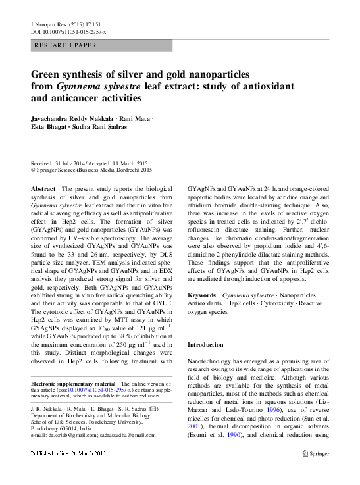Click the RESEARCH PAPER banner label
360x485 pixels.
pos(65,45)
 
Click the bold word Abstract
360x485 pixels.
pos(43,188)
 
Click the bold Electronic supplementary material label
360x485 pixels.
pos(73,383)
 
